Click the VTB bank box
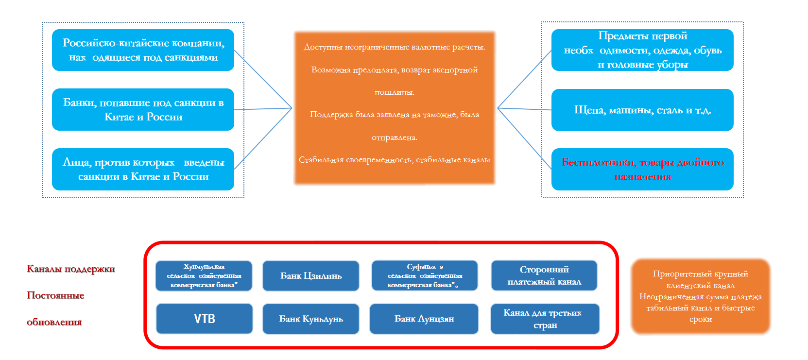(204, 319)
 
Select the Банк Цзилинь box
(311, 276)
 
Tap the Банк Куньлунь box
(311, 319)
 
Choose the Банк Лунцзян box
(424, 319)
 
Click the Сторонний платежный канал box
(544, 275)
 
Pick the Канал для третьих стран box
(545, 319)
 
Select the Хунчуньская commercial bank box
(204, 275)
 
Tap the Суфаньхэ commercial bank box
(425, 275)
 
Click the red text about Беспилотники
(642, 169)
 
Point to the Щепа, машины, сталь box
(642, 110)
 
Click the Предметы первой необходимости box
(642, 50)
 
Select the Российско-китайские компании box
(143, 50)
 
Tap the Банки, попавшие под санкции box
(143, 109)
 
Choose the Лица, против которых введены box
(143, 169)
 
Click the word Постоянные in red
(55, 295)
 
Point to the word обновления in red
(54, 322)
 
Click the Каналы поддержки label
(71, 269)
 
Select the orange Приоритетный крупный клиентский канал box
(700, 296)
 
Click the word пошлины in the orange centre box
(394, 92)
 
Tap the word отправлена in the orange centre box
(394, 137)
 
